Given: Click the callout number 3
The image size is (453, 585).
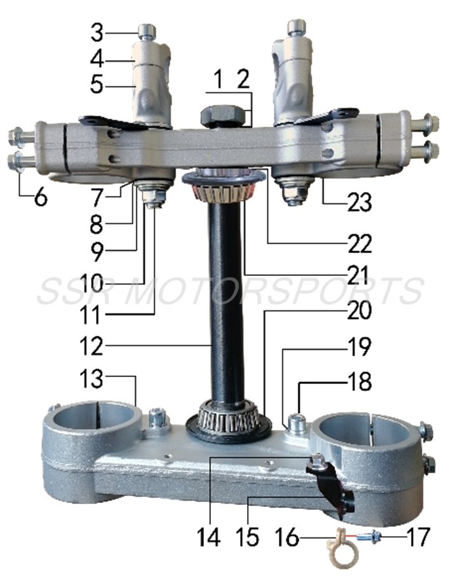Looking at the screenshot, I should pyautogui.click(x=96, y=31).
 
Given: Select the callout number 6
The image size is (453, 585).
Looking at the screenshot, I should pyautogui.click(x=39, y=198).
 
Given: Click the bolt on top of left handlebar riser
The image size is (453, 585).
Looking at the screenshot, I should pyautogui.click(x=147, y=29).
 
